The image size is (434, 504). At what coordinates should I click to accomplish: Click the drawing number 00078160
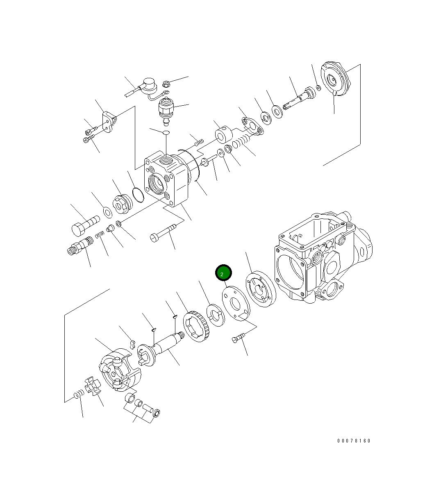(354, 441)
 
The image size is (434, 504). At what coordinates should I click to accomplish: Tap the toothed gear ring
(198, 327)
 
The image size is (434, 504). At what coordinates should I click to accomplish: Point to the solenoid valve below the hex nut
(166, 110)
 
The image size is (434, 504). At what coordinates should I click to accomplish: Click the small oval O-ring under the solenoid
(166, 132)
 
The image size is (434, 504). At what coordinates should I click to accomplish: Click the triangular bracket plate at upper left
(109, 122)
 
